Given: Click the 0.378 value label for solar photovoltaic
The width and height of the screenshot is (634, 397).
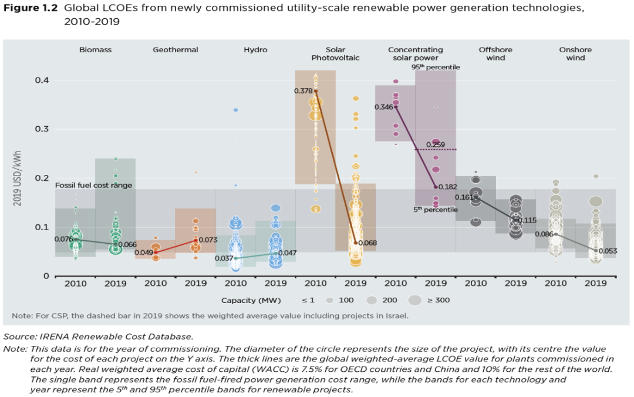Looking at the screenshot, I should click(x=303, y=91).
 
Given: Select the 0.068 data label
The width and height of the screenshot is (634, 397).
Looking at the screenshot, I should click(x=367, y=243).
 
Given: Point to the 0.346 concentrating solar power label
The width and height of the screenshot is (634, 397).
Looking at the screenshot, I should click(x=384, y=107).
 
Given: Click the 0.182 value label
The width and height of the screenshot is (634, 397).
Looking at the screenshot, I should click(x=449, y=186).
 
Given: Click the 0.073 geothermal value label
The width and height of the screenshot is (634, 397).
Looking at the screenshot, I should click(x=208, y=240).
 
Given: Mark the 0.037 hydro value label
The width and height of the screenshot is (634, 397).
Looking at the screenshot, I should click(x=225, y=258).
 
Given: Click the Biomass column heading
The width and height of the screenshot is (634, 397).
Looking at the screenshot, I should click(x=95, y=50).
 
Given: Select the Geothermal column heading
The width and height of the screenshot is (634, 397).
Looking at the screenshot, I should click(x=176, y=50).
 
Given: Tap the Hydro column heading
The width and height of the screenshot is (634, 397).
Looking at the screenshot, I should click(x=255, y=50).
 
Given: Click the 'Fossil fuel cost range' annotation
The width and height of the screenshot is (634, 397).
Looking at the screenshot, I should click(x=94, y=186).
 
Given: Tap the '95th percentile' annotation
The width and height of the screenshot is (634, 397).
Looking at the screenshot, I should click(x=436, y=68).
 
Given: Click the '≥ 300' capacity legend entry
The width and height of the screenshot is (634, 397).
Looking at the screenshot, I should click(x=439, y=300).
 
